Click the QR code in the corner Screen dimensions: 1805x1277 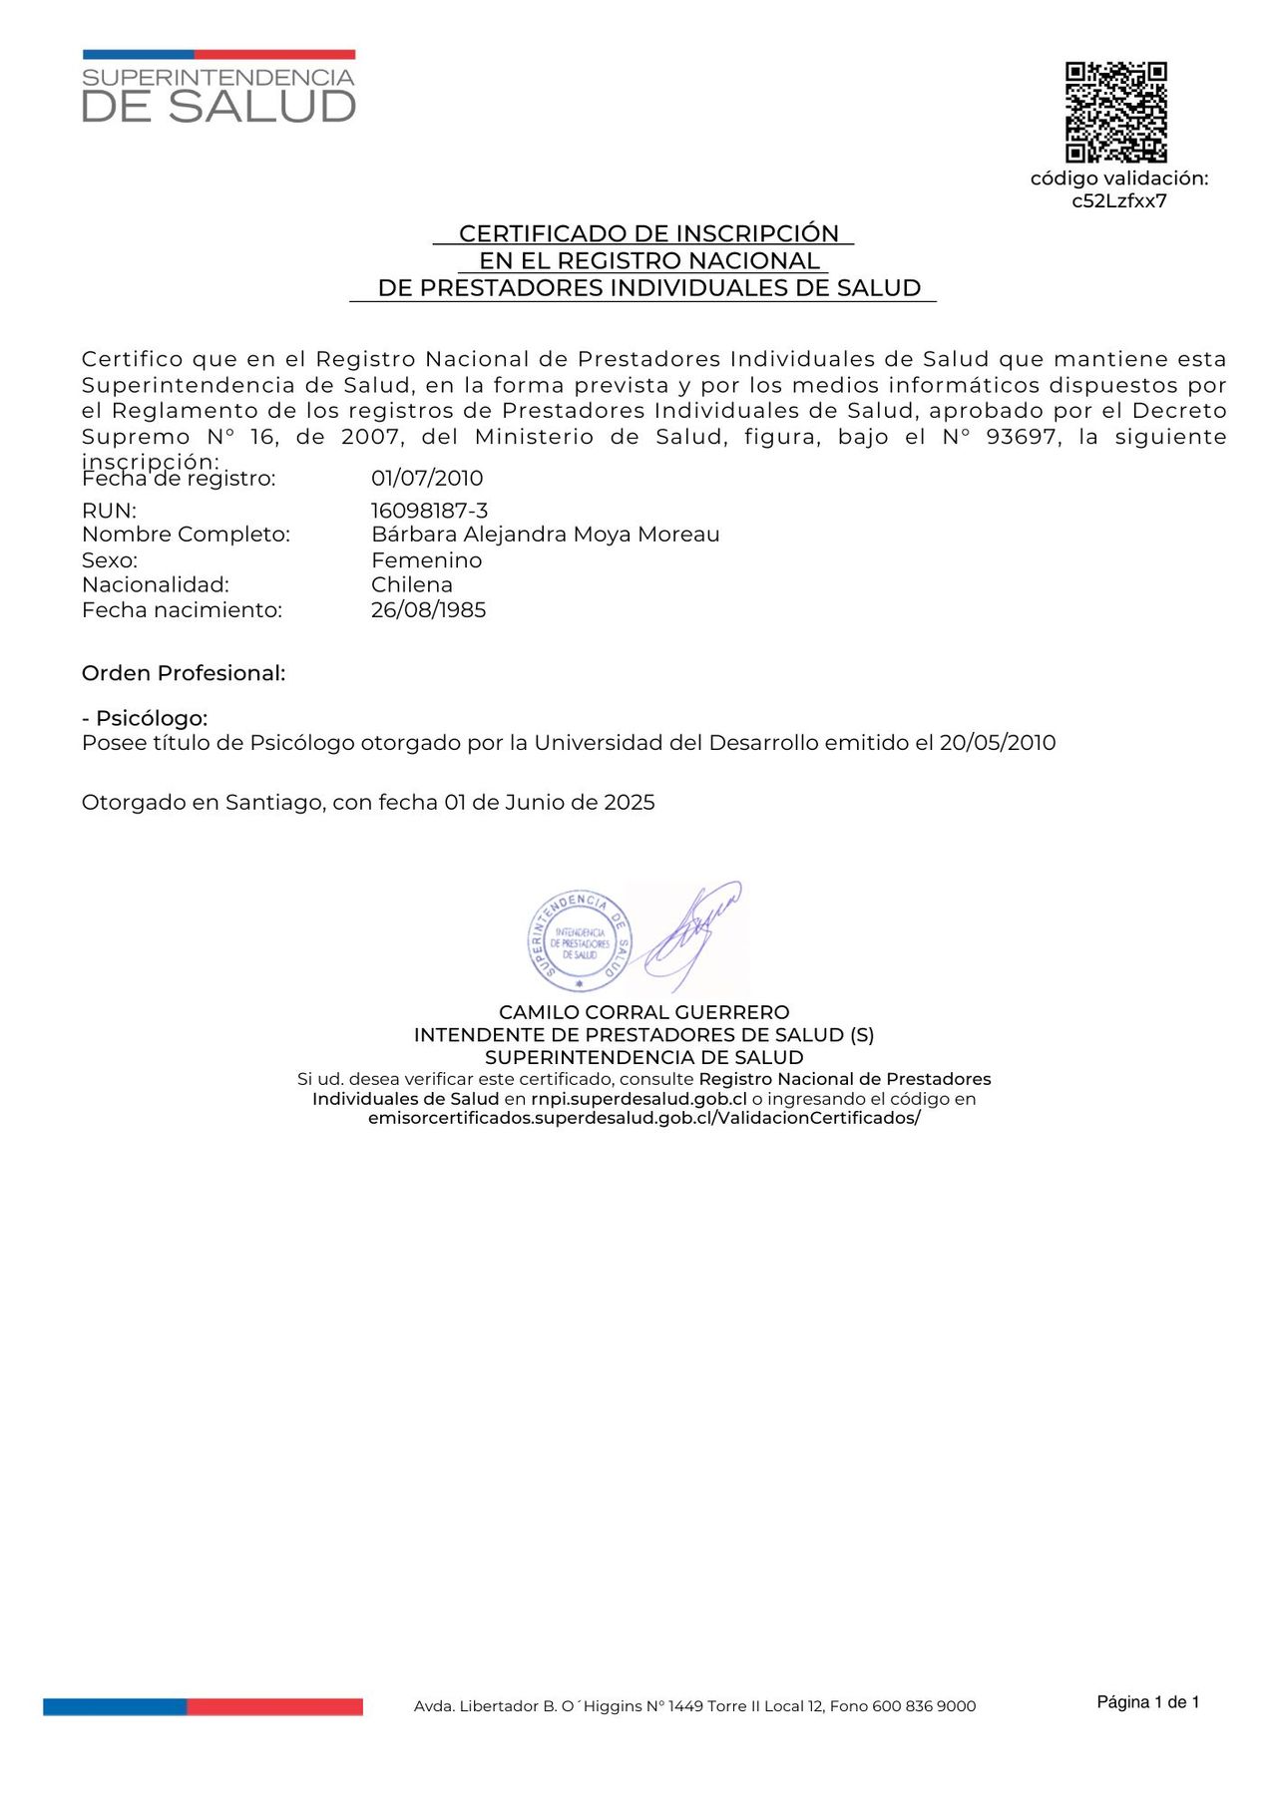pyautogui.click(x=1115, y=112)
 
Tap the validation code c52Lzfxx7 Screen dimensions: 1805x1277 pyautogui.click(x=1118, y=201)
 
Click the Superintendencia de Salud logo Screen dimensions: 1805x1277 pyautogui.click(x=218, y=88)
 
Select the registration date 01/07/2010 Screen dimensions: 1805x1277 pyautogui.click(x=427, y=479)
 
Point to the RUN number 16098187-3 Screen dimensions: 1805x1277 pyautogui.click(x=429, y=511)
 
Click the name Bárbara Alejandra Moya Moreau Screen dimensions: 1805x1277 pyautogui.click(x=545, y=535)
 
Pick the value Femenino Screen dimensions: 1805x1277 pyautogui.click(x=426, y=560)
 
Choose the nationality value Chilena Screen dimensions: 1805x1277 pyautogui.click(x=411, y=585)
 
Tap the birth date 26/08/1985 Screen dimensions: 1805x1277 pyautogui.click(x=428, y=610)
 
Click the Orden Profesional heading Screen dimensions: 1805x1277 pyautogui.click(x=184, y=673)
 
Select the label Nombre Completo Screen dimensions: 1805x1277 pyautogui.click(x=186, y=535)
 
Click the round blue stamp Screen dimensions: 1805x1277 pyautogui.click(x=579, y=941)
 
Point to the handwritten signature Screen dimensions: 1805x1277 pyautogui.click(x=692, y=932)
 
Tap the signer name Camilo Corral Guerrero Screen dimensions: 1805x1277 pyautogui.click(x=643, y=1012)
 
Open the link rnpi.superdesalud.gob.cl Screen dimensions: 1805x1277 pyautogui.click(x=638, y=1099)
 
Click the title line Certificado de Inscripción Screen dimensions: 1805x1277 pyautogui.click(x=648, y=233)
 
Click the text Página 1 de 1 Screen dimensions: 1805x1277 pyautogui.click(x=1147, y=1702)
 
